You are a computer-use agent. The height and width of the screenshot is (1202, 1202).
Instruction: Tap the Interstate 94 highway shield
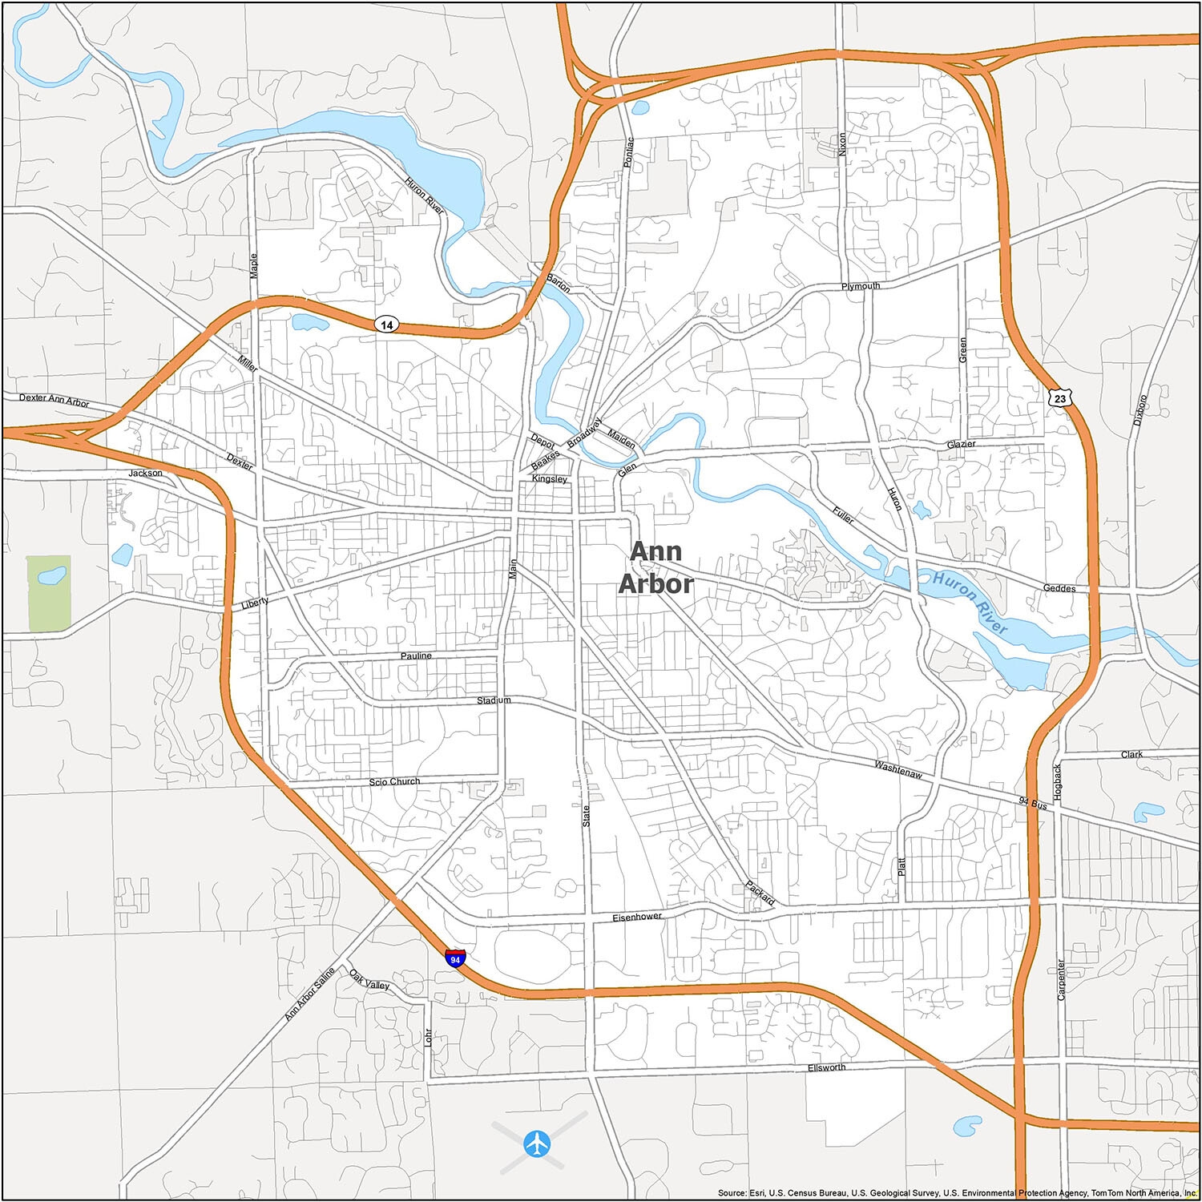click(455, 958)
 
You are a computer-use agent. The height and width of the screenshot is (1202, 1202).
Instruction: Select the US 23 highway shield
click(1059, 396)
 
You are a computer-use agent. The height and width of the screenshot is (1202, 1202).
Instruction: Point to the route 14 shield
click(387, 325)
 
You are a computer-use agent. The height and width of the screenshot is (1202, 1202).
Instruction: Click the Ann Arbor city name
click(655, 567)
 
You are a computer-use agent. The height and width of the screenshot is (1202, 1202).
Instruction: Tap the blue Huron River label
click(970, 603)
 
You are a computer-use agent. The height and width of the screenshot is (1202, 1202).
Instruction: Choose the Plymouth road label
click(861, 286)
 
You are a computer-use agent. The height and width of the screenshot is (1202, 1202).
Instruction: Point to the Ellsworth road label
click(827, 1067)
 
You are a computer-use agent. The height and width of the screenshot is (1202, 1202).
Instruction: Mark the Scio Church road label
click(394, 781)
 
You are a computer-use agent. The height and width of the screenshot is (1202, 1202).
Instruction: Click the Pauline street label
click(416, 655)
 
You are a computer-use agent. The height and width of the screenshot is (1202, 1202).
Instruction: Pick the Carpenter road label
click(1061, 980)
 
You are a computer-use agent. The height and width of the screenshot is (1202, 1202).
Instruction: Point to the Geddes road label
click(1059, 588)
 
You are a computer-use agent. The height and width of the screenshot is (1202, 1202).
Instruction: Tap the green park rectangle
click(49, 591)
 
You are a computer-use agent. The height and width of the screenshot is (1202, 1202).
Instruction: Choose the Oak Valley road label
click(369, 979)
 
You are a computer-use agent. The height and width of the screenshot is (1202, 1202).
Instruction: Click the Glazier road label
click(960, 444)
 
